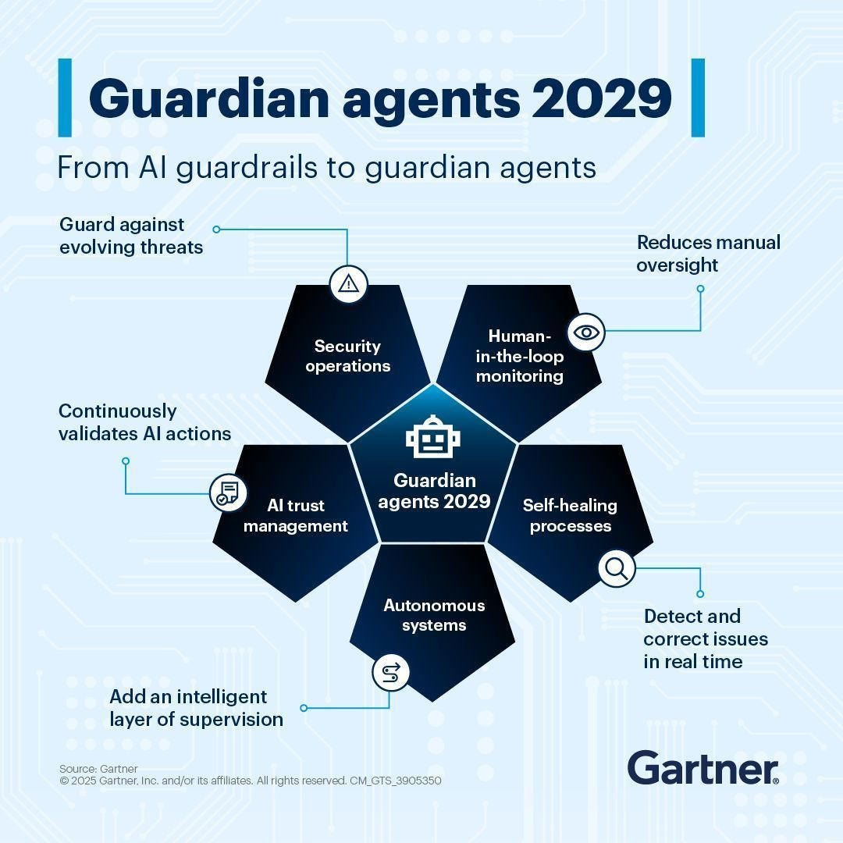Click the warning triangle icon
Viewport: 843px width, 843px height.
[348, 283]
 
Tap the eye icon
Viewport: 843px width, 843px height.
[586, 333]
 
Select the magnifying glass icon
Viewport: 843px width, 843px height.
[617, 568]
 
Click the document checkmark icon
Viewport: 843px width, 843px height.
[228, 493]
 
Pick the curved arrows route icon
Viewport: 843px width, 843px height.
[390, 673]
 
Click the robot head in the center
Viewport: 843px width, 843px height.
[432, 437]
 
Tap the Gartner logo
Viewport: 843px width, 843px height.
[702, 768]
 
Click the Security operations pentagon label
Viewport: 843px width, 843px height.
[348, 356]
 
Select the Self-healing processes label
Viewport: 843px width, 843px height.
[570, 516]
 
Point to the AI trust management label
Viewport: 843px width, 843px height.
[296, 516]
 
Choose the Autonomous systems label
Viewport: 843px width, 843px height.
[434, 615]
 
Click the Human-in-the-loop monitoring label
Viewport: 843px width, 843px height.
[519, 356]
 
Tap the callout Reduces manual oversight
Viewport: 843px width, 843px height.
[709, 253]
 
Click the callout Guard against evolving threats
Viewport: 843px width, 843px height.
[131, 236]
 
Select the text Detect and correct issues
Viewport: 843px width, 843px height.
[706, 628]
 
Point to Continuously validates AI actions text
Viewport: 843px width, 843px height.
[144, 422]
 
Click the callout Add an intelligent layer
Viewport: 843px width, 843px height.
[196, 707]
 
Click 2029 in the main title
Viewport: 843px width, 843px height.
[602, 98]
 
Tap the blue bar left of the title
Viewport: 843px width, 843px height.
[65, 98]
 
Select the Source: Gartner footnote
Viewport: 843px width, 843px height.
[98, 769]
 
